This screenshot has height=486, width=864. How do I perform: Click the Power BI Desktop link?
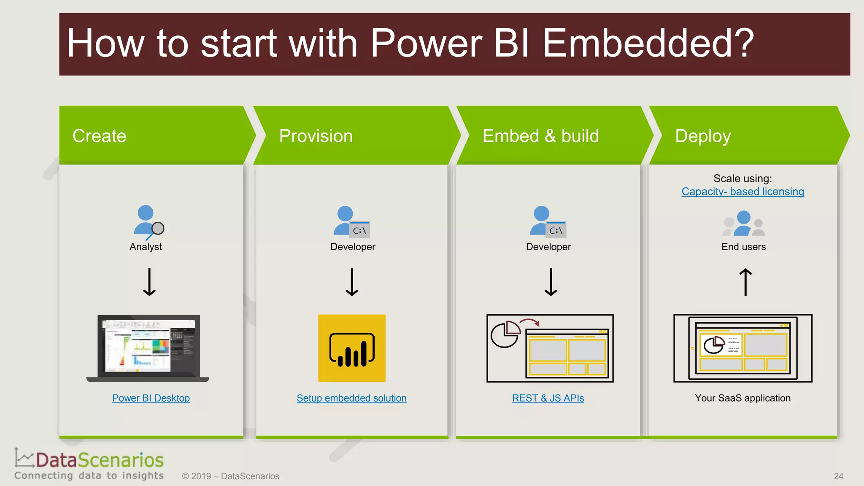[151, 398]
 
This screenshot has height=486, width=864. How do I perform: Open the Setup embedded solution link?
[351, 398]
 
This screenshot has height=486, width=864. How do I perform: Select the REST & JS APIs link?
[548, 398]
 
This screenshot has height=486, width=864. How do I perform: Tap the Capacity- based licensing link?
[742, 192]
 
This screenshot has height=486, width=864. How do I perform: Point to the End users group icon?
[743, 224]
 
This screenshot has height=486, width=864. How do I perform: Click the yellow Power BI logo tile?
[351, 348]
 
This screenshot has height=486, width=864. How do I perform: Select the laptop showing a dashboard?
[148, 348]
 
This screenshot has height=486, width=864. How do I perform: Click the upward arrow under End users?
[745, 282]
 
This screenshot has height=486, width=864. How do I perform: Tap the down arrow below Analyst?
[149, 282]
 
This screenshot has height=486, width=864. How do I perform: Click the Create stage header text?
[99, 136]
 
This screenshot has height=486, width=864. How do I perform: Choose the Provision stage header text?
[316, 136]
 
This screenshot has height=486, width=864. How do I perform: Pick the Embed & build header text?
[540, 136]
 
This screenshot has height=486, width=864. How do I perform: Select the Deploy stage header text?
[703, 136]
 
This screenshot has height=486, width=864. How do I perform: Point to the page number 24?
[838, 476]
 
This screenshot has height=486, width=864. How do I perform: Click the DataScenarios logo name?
[100, 460]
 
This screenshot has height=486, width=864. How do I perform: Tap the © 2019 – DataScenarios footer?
[231, 476]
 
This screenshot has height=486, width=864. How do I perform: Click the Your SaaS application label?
[742, 398]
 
